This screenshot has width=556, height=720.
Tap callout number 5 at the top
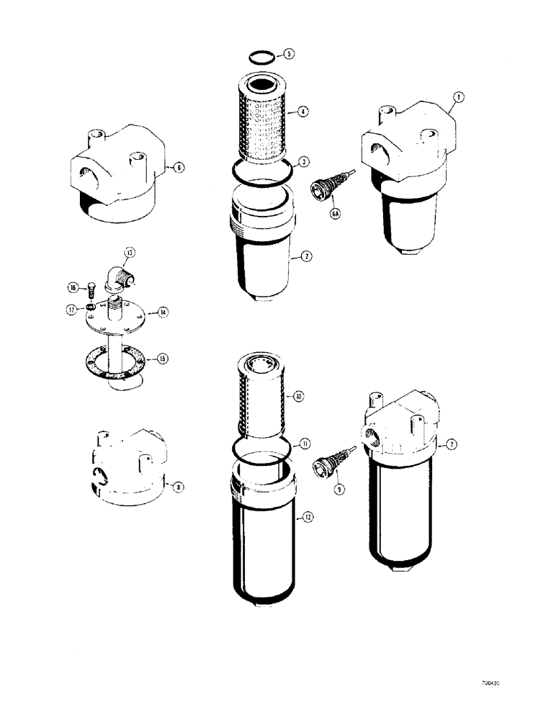pos(289,54)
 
